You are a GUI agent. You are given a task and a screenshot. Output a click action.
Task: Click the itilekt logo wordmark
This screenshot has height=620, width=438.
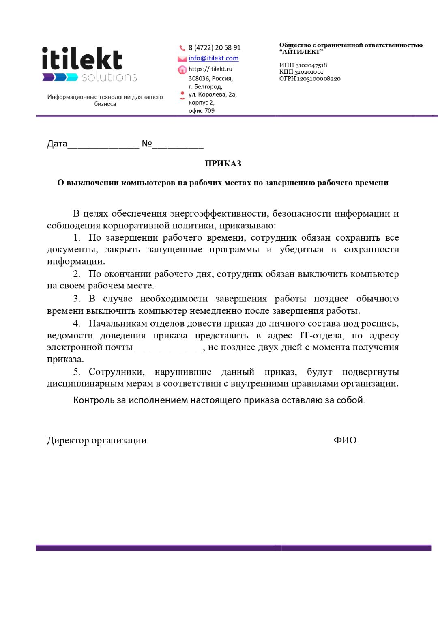point(82,59)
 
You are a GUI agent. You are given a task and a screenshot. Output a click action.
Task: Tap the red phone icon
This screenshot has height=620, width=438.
point(182,48)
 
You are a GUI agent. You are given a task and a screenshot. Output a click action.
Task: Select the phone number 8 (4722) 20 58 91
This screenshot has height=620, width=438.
point(214,47)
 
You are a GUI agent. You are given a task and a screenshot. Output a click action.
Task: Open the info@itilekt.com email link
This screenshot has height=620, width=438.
point(213,58)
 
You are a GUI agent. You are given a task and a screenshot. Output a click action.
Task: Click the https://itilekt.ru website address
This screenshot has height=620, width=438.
point(210,69)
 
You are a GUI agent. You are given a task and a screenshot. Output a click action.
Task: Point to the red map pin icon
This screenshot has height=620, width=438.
point(182,95)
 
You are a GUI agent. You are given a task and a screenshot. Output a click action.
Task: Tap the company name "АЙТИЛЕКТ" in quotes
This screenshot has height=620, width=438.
point(301,52)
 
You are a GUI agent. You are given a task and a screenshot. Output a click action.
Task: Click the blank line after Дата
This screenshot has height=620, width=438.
point(103,145)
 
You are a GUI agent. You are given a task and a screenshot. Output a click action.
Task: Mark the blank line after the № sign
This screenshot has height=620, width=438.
point(178,145)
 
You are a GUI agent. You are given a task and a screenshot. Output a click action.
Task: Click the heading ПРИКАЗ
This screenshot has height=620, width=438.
point(223,164)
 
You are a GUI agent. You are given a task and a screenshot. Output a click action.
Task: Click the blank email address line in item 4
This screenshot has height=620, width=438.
point(169,348)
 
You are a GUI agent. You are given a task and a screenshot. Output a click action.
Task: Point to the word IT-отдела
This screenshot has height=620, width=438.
point(322,336)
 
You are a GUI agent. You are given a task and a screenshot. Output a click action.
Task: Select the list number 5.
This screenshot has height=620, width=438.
point(76,372)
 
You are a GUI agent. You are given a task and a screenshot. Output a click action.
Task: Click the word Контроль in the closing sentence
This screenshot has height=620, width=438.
point(94,400)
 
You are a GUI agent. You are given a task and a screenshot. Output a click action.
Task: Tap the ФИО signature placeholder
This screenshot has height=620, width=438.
point(346,440)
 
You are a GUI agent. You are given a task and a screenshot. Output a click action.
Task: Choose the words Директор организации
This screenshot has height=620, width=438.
point(97,440)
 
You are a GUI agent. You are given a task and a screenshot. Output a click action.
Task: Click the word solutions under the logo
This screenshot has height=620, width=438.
point(109,77)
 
